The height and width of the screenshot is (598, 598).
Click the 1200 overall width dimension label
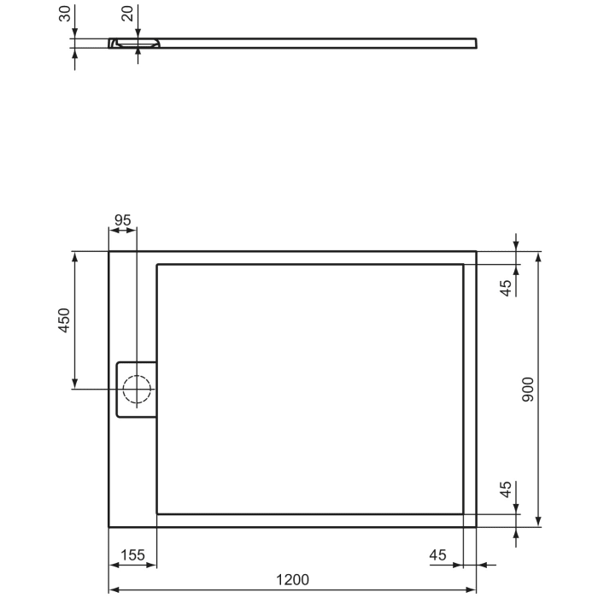click(x=292, y=579)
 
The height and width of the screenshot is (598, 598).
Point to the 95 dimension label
click(x=122, y=220)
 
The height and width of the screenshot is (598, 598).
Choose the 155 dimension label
click(x=132, y=555)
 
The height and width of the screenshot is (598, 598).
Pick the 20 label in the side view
click(x=127, y=15)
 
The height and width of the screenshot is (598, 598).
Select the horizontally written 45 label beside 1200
click(x=437, y=555)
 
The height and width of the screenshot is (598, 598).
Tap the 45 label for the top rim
click(x=506, y=287)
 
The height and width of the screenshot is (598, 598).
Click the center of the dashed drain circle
click(x=136, y=390)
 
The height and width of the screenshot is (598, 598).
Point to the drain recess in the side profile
click(x=134, y=42)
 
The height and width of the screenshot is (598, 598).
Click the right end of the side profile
click(x=475, y=42)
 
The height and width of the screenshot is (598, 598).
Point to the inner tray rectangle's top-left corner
click(x=157, y=266)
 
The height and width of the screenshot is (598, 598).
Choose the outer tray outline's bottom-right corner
click(x=476, y=526)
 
